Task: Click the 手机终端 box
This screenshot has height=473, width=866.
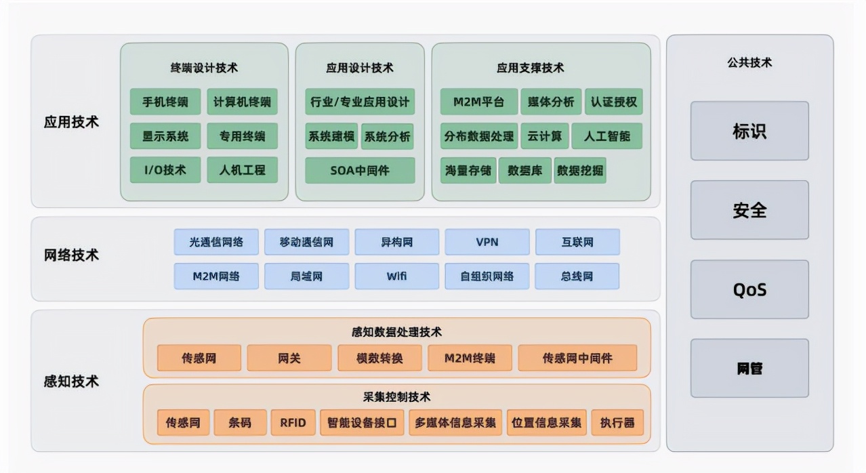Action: click(165, 102)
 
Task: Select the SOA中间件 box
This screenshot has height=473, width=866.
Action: click(360, 170)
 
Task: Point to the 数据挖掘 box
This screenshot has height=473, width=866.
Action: click(579, 170)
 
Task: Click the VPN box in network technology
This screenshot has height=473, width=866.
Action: click(487, 242)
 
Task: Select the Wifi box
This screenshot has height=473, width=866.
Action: click(396, 276)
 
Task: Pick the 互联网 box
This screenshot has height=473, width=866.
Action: click(577, 242)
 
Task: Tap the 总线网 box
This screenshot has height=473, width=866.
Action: click(577, 276)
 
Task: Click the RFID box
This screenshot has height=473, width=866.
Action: click(293, 423)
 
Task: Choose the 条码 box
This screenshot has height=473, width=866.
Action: click(239, 423)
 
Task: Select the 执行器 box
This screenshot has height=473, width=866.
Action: click(617, 423)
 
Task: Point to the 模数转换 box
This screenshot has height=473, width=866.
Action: click(379, 358)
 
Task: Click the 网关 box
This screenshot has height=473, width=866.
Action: click(289, 358)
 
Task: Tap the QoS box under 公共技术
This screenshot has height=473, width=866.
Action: click(749, 289)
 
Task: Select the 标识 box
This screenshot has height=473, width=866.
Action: click(749, 131)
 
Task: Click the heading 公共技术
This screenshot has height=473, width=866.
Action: click(749, 63)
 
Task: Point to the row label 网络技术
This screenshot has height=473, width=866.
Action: click(71, 255)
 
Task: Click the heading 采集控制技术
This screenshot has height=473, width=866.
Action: click(396, 397)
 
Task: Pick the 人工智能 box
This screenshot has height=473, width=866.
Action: click(606, 136)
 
